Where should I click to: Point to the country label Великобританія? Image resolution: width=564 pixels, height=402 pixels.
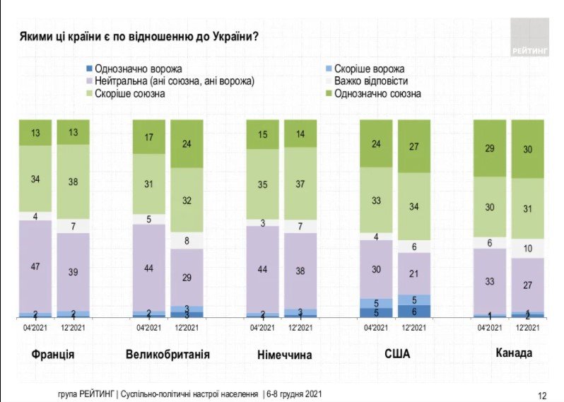coord(168,353)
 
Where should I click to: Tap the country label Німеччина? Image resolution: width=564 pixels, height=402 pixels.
coord(282,353)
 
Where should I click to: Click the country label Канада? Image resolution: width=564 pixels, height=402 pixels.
coord(508,353)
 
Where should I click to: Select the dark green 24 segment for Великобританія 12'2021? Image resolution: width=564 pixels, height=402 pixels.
coord(187,143)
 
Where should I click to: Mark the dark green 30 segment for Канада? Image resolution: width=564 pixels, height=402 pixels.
coord(528,148)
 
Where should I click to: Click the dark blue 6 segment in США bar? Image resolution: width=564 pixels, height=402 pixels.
coord(415,311)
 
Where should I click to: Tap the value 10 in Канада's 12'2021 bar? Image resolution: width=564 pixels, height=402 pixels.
coord(528,248)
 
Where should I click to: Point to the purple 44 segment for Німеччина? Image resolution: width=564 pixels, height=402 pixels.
coord(263,269)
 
